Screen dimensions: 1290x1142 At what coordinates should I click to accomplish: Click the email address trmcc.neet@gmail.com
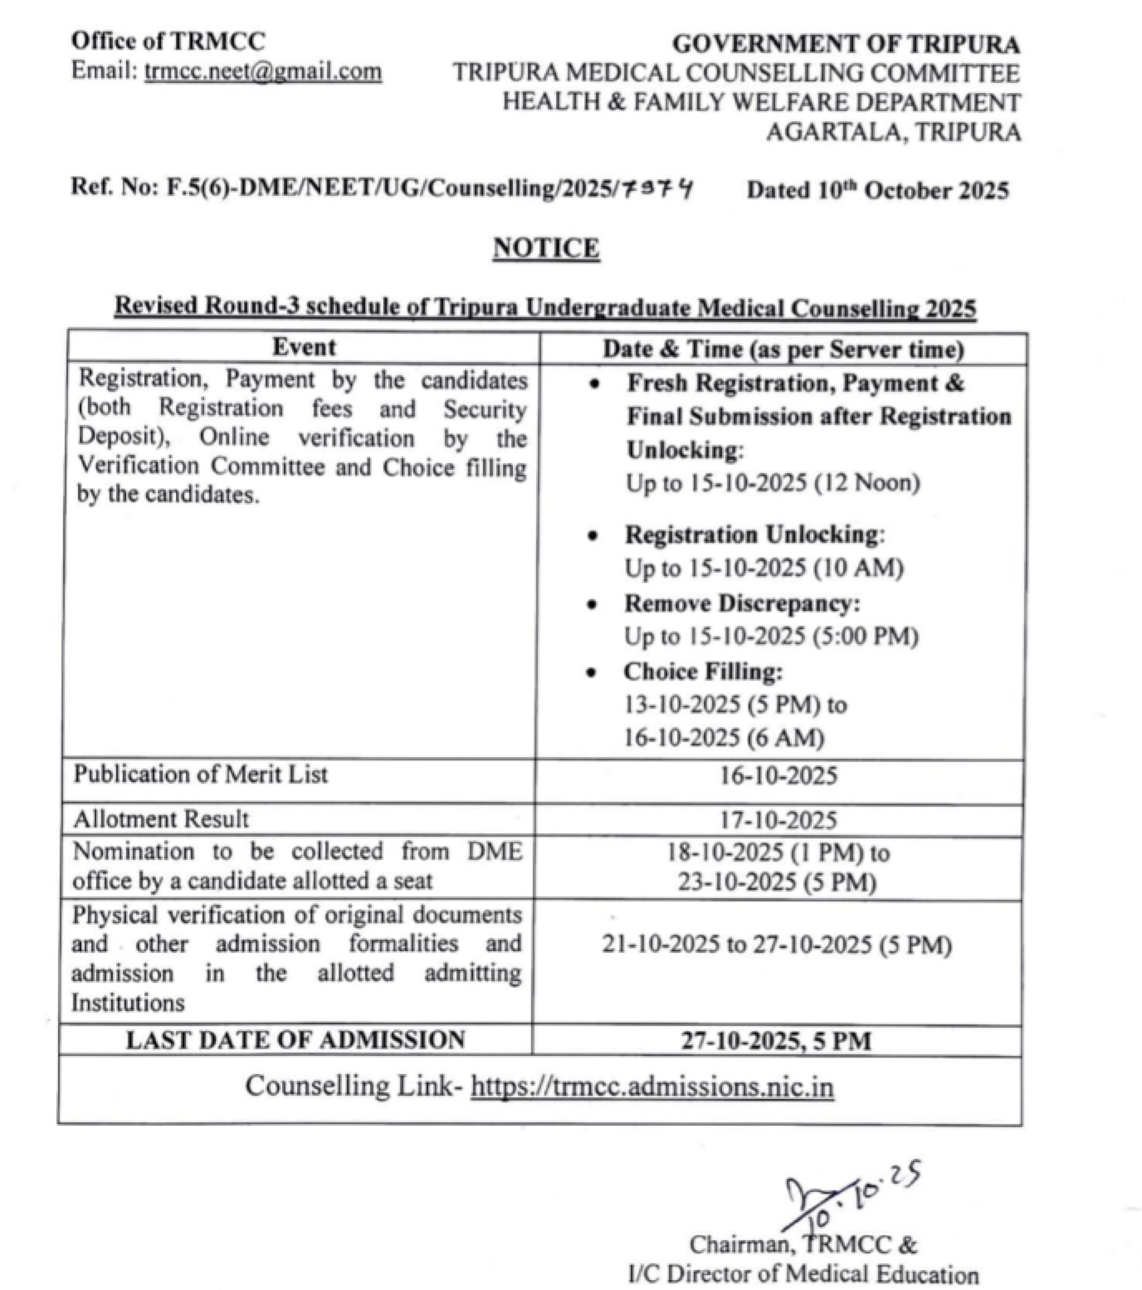(262, 71)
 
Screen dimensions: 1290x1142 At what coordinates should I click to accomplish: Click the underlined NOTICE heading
(546, 247)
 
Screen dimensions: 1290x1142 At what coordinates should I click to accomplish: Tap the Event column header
(303, 347)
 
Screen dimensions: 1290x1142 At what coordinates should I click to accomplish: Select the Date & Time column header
(783, 350)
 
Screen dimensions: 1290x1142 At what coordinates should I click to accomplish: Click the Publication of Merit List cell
(201, 774)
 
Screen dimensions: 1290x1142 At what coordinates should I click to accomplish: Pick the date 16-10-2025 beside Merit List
(779, 775)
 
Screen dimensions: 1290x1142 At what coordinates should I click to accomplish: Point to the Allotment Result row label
(161, 819)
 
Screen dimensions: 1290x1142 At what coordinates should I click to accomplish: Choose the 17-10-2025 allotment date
(779, 820)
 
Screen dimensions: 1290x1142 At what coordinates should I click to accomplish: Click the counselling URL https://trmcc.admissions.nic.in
(652, 1087)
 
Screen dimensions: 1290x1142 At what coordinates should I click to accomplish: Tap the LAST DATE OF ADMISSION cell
(295, 1040)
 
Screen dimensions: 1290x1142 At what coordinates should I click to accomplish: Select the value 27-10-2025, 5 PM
(776, 1041)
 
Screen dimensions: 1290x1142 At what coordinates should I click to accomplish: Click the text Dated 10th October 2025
(878, 190)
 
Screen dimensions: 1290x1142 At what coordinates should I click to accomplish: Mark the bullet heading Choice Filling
(703, 672)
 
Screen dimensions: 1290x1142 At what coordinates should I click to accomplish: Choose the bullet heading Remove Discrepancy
(742, 603)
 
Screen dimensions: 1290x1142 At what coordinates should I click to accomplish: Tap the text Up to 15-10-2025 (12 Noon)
(773, 483)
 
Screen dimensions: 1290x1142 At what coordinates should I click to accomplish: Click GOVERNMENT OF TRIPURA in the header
(846, 44)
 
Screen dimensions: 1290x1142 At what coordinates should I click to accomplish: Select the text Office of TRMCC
(168, 41)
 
